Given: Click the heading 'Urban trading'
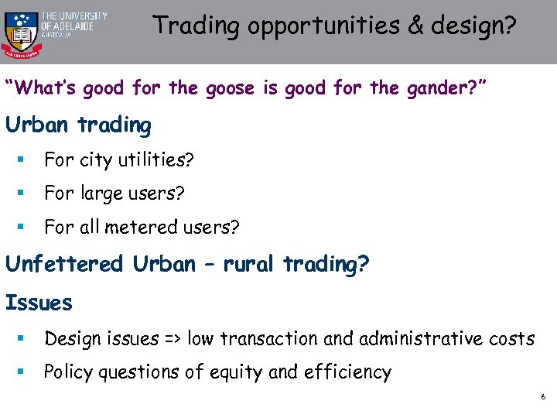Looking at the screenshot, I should point(78,125).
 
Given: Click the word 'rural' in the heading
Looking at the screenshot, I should point(251,264).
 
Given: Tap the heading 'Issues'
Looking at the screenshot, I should point(39,302).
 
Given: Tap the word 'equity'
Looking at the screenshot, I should point(233,372).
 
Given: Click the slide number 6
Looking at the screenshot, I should point(543,397).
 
